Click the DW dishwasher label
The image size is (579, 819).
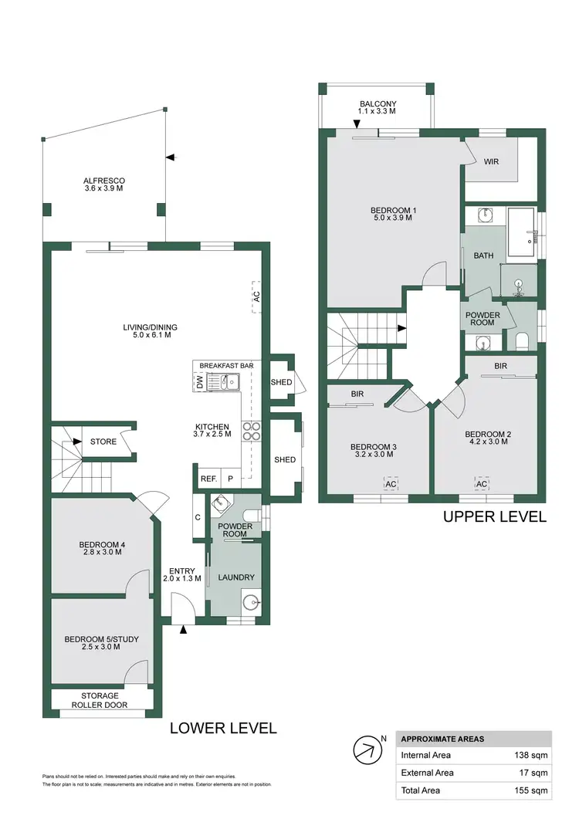(x=200, y=381)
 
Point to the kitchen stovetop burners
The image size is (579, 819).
(x=252, y=430)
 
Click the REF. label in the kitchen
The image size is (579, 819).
(x=208, y=479)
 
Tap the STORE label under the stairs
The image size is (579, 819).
(x=103, y=442)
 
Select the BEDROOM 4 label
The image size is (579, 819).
(x=102, y=549)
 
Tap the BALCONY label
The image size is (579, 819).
(x=378, y=107)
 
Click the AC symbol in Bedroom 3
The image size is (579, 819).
(x=391, y=483)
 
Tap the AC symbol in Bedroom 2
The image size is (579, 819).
(x=482, y=483)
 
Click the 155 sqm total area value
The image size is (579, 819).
(x=533, y=790)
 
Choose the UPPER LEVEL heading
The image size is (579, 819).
(x=495, y=516)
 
